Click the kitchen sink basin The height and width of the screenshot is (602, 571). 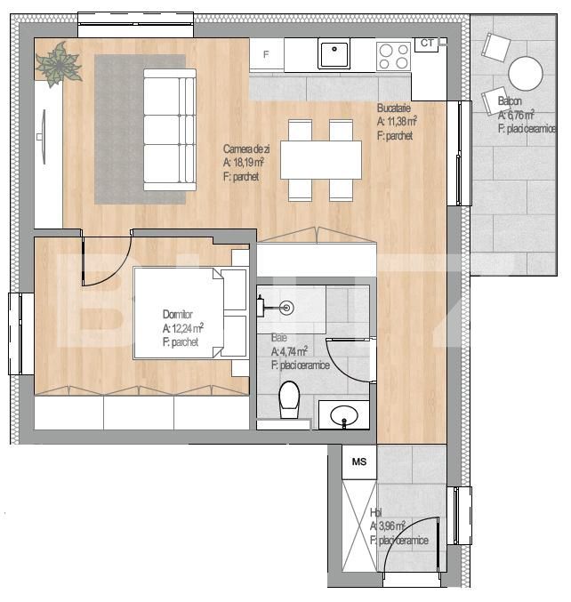tap(334, 53)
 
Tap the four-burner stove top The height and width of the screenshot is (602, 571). tap(394, 56)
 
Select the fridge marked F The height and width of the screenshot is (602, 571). tap(267, 53)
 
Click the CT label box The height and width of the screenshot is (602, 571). tap(427, 43)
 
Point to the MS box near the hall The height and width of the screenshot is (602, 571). tap(359, 462)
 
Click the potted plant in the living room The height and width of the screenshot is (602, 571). tap(59, 65)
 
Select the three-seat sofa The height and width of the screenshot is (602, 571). tap(170, 130)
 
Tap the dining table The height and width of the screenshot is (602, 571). tap(321, 160)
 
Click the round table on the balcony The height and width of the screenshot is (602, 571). tap(526, 73)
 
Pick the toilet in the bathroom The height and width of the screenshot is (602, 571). tap(289, 399)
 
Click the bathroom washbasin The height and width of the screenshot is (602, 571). tap(344, 415)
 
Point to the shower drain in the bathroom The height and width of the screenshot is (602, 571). tap(286, 308)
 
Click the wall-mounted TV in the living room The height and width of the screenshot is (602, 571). tap(42, 137)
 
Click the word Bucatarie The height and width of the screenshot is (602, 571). tap(394, 108)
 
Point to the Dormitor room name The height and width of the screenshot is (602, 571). tap(177, 315)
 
